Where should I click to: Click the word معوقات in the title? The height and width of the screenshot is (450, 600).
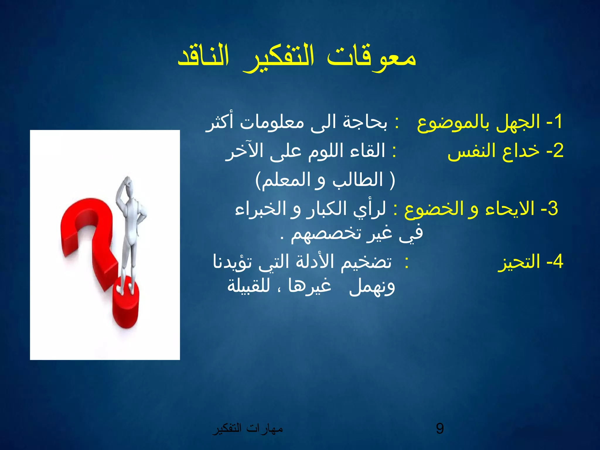point(371,57)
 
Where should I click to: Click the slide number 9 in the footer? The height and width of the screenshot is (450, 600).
point(440,428)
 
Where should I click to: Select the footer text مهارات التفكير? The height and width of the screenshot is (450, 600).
point(248,429)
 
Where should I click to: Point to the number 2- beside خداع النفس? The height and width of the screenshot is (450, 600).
point(555,151)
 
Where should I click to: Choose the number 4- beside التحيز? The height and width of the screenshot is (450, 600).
point(555,261)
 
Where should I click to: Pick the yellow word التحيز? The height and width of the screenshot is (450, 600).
point(519,262)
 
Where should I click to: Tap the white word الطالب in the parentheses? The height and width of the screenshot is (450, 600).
point(358,180)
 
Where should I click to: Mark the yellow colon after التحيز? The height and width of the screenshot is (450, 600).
point(406,262)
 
